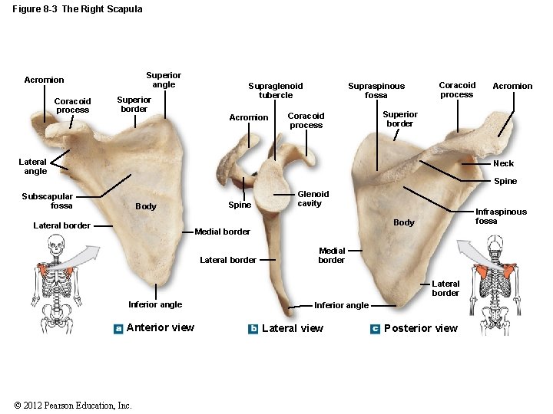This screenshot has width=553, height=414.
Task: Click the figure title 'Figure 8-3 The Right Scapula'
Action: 78,9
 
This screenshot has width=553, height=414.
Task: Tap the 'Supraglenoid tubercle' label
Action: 275,90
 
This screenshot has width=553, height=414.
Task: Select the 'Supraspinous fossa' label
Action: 376,90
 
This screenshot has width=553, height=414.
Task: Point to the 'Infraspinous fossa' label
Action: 501,216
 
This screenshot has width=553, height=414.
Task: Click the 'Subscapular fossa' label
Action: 48,201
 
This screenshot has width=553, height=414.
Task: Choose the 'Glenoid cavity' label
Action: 313,199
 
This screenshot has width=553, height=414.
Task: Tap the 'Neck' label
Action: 503,163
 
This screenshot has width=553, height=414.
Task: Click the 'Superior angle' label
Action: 164,80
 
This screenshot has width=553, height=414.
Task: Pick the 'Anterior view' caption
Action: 160,328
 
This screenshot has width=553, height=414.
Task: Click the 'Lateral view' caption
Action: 293,329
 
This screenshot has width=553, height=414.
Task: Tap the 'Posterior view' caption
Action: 420,329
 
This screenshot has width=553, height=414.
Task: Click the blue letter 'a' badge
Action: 118,328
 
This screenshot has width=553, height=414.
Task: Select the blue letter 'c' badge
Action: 375,329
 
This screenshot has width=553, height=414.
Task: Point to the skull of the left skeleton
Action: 55,246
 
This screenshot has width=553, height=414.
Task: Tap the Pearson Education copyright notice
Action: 73,406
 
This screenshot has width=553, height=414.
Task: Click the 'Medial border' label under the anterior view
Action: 223,232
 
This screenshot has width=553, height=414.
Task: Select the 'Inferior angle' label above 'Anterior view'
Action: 155,304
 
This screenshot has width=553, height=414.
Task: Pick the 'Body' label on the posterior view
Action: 403,222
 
